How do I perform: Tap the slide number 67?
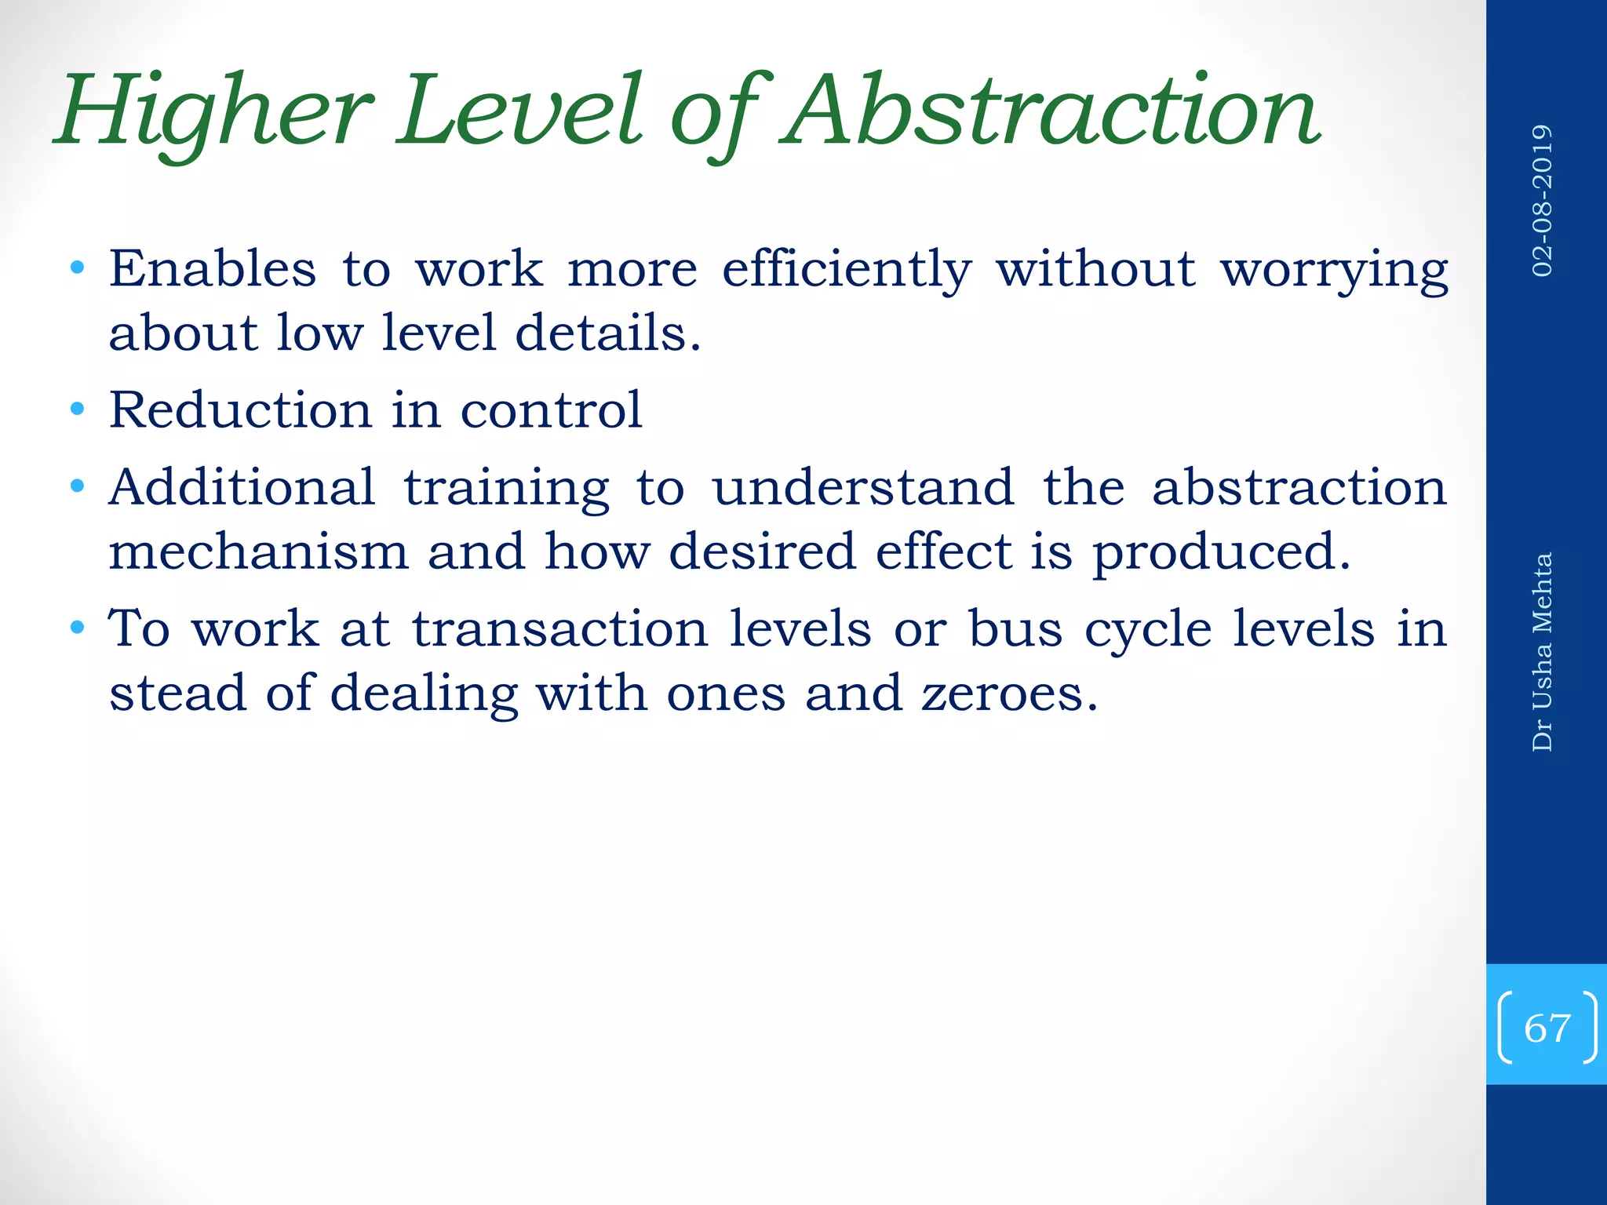[x=1547, y=1028]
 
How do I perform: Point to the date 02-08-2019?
[x=1543, y=201]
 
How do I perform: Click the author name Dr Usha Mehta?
[x=1543, y=652]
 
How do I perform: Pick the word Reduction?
[x=240, y=410]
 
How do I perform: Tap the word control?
[x=551, y=410]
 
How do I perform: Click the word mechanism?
[x=259, y=551]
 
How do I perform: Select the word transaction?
[x=561, y=629]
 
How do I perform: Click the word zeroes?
[x=1009, y=694]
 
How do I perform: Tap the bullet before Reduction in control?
[x=77, y=410]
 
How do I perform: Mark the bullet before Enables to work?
[x=77, y=268]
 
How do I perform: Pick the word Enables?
[x=213, y=268]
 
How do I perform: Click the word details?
[x=607, y=333]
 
